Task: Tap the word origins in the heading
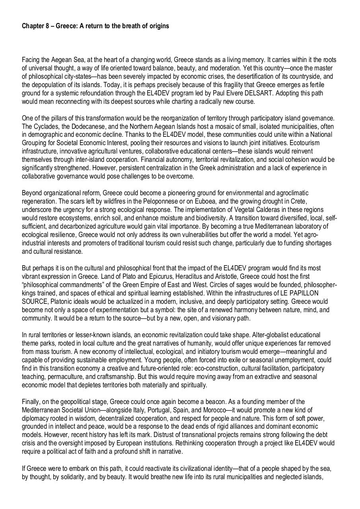pos(158,26)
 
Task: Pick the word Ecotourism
pos(304,143)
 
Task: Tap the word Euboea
pos(202,201)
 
